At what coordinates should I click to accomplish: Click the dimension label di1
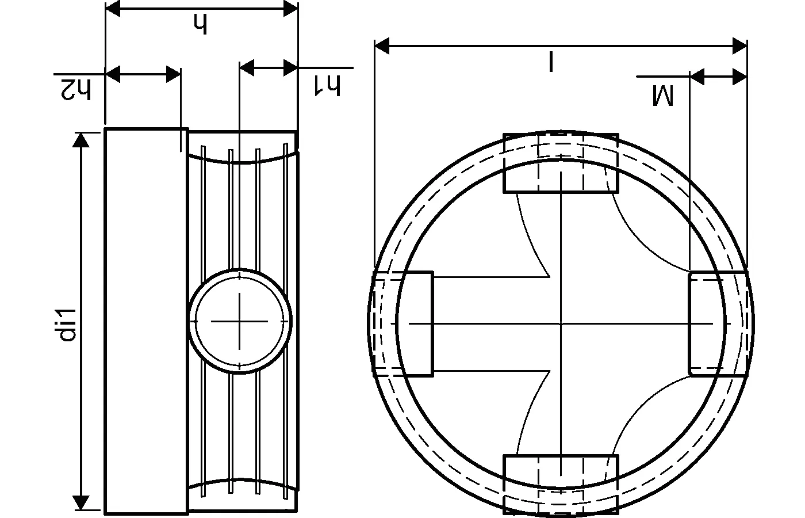pyautogui.click(x=68, y=325)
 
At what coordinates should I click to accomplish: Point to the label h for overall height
pyautogui.click(x=200, y=24)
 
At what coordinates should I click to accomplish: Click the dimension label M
pyautogui.click(x=662, y=95)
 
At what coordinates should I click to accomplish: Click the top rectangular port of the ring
pyautogui.click(x=561, y=163)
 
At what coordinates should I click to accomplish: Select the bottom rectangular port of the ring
pyautogui.click(x=561, y=483)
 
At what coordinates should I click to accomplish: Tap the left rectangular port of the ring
pyautogui.click(x=402, y=323)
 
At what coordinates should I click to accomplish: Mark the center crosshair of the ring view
pyautogui.click(x=561, y=323)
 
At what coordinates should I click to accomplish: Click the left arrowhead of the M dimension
pyautogui.click(x=697, y=76)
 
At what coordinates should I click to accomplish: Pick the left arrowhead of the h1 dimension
pyautogui.click(x=247, y=68)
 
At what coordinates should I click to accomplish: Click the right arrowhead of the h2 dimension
pyautogui.click(x=174, y=74)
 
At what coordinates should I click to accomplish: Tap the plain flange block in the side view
pyautogui.click(x=146, y=321)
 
